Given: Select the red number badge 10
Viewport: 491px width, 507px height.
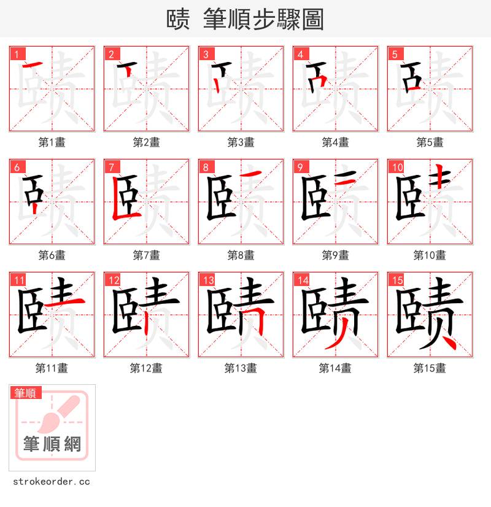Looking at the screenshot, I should [x=397, y=167].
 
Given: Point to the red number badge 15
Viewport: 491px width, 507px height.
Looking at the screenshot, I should [x=397, y=281].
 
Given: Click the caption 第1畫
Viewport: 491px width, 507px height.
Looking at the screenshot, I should [x=52, y=142].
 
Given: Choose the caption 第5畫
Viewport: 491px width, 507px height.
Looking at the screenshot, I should [x=430, y=142].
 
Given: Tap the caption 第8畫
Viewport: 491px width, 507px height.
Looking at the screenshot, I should [x=241, y=255].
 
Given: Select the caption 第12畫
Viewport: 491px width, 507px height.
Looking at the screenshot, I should [x=146, y=368].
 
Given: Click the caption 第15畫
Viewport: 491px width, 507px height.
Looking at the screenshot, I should [x=430, y=368].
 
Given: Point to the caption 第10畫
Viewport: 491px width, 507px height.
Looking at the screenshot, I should [x=430, y=255].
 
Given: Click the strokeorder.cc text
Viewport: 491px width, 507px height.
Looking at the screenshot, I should [x=50, y=482].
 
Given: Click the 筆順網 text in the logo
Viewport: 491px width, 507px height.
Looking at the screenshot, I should [x=52, y=444].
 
